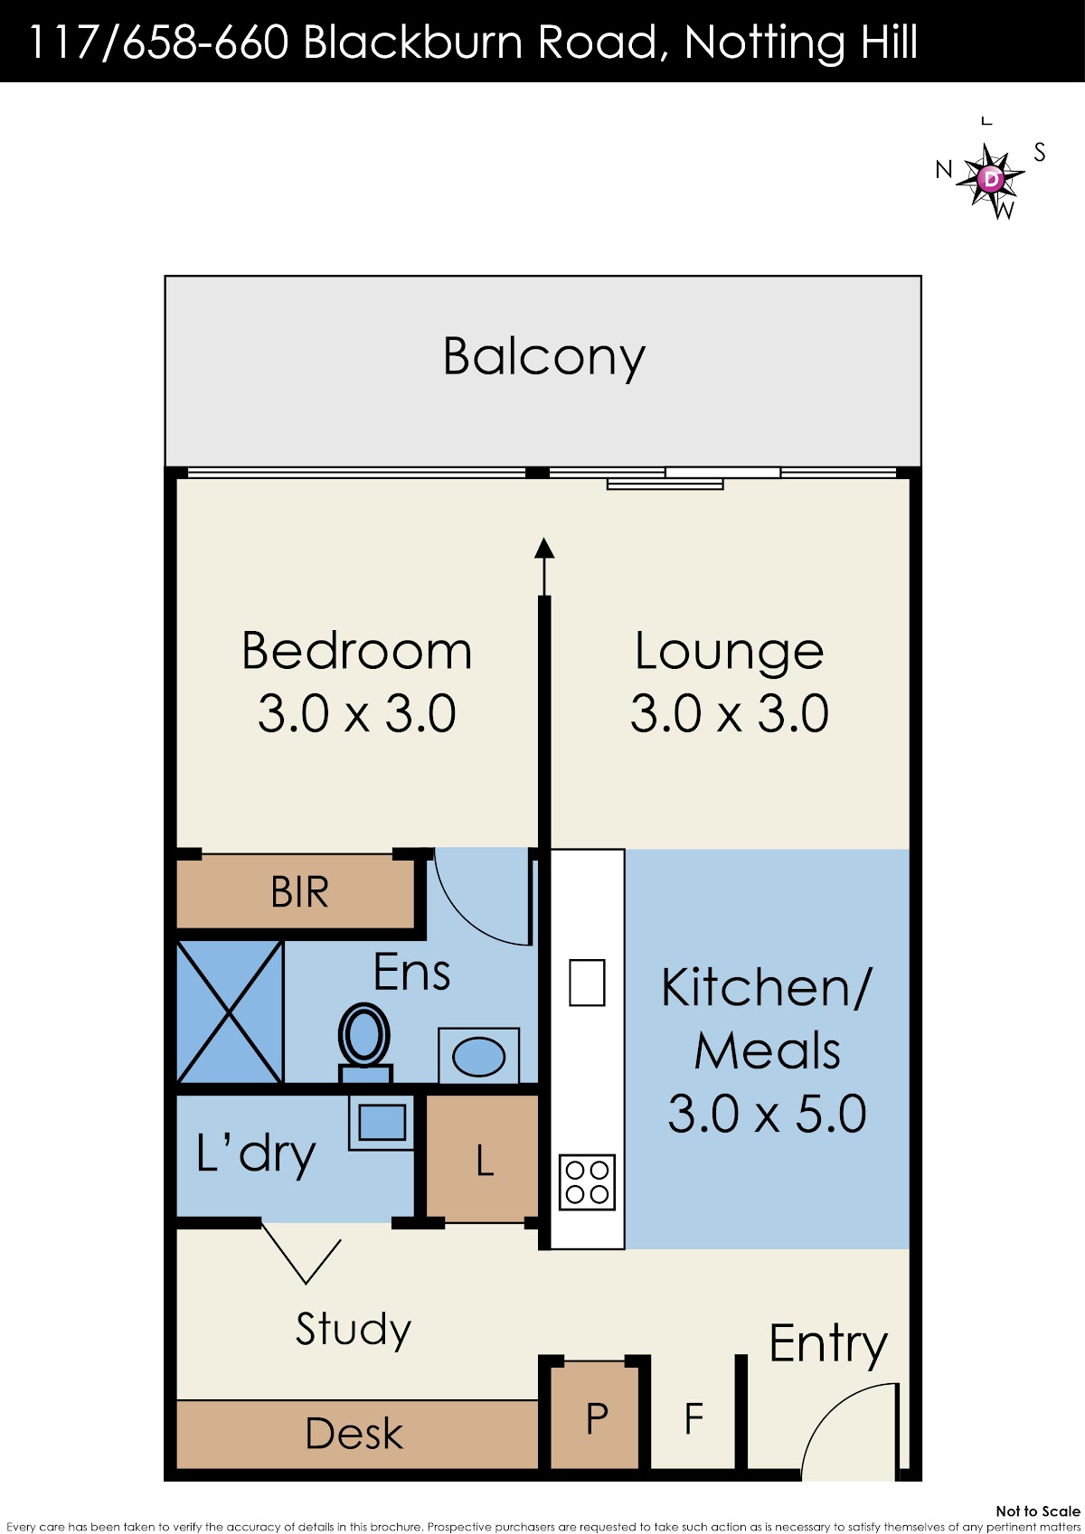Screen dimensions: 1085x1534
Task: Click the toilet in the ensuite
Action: click(364, 1043)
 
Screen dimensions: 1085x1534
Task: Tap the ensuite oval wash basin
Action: click(479, 1057)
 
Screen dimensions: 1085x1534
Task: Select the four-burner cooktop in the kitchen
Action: click(587, 1182)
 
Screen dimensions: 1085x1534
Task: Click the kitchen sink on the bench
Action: click(587, 982)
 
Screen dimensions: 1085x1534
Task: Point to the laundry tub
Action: click(382, 1123)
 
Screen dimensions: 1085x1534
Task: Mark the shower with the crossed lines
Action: click(231, 1012)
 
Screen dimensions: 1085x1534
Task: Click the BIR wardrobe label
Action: click(299, 891)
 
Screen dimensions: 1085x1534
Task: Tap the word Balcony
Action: click(544, 357)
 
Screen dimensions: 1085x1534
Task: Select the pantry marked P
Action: click(596, 1416)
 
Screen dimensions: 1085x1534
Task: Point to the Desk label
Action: click(354, 1434)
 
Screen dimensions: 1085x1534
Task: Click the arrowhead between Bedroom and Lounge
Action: click(544, 548)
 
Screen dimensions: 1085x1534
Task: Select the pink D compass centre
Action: click(990, 179)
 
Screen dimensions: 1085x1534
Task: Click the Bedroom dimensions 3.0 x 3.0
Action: click(357, 713)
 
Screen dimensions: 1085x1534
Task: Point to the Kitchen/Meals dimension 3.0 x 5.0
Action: click(767, 1114)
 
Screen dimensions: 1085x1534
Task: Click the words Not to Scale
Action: click(1038, 1510)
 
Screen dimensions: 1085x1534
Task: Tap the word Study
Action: click(354, 1329)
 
